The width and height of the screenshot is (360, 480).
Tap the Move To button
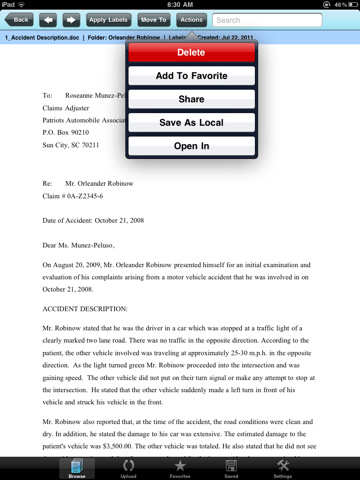153,19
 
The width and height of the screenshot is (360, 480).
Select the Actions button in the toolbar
192,19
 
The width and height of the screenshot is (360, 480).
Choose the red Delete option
191,52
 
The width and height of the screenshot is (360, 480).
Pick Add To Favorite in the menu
191,76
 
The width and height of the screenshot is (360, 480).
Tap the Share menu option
191,99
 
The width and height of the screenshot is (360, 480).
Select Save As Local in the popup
191,122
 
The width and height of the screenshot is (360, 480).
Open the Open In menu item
191,146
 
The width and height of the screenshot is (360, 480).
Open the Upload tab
126,467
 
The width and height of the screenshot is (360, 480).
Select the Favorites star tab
180,467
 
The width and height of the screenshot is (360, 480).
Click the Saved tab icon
231,467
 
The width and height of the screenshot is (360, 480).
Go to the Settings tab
283,467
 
